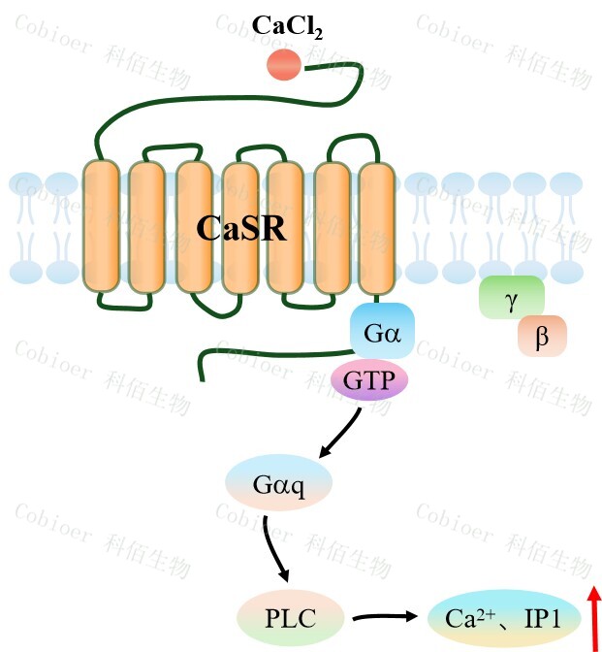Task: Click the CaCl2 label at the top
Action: pyautogui.click(x=287, y=26)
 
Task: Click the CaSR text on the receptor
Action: pyautogui.click(x=241, y=228)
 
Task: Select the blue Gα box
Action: pyautogui.click(x=382, y=333)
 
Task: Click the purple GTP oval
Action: pyautogui.click(x=370, y=380)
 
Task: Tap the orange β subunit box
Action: pyautogui.click(x=541, y=336)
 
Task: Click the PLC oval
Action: pyautogui.click(x=290, y=616)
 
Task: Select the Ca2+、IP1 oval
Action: pyautogui.click(x=503, y=616)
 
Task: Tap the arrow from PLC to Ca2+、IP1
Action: pyautogui.click(x=385, y=616)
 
